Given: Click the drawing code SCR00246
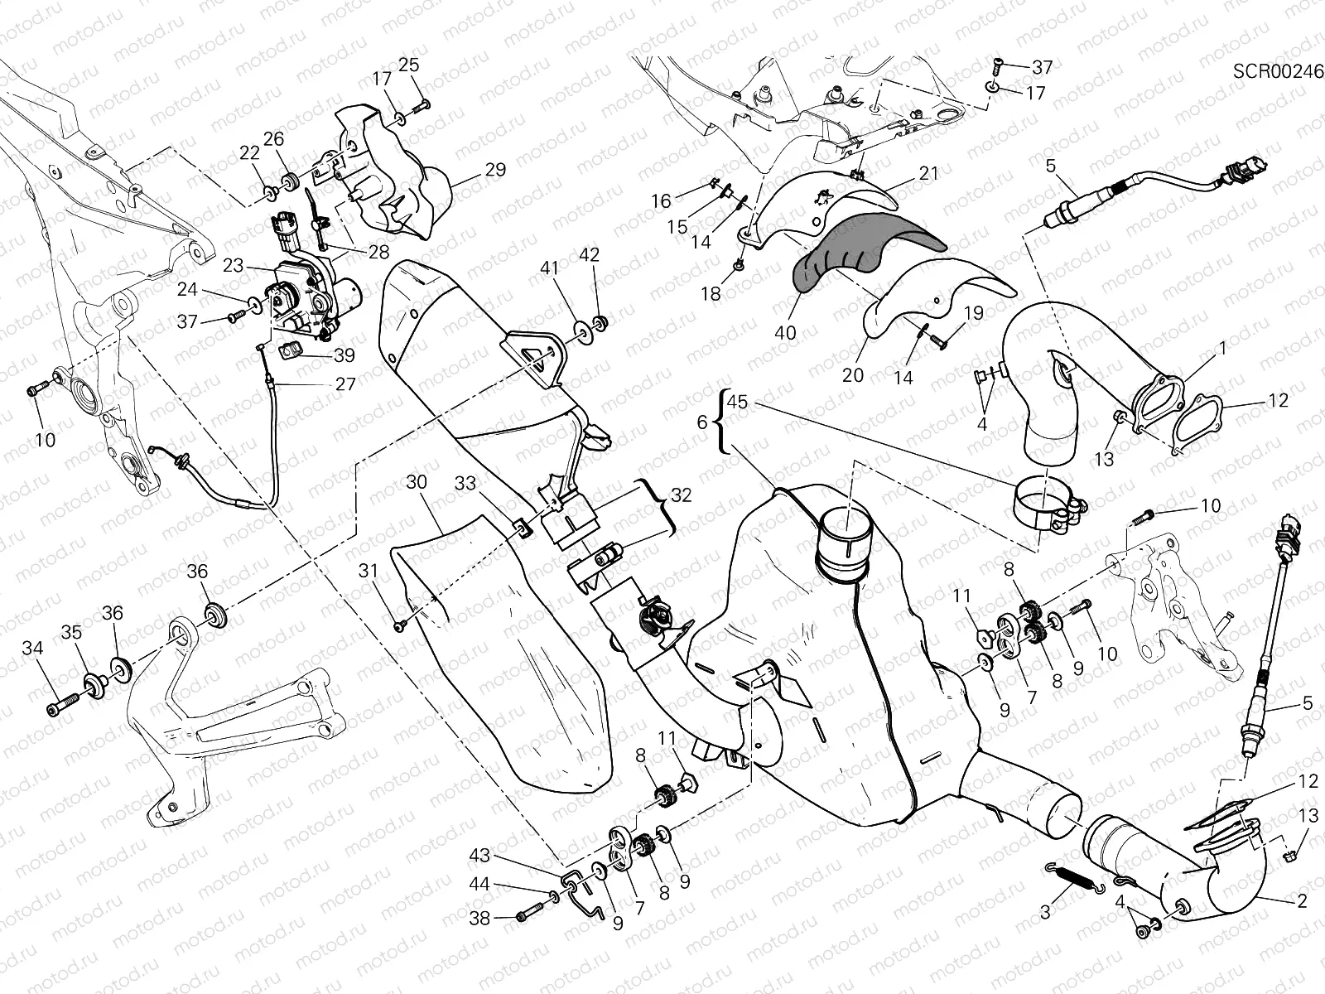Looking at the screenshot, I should coord(1278,70).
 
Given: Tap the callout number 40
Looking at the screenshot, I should coord(786,332).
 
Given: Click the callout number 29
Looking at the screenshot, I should coord(494,170).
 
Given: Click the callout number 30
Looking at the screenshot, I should coord(417,481).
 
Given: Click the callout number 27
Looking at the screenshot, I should coord(345,384).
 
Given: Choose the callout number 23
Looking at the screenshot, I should coord(233,266).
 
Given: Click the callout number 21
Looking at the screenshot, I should coord(928,173).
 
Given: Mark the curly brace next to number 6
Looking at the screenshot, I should coord(723,421).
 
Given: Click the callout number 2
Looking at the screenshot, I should coord(1302,900).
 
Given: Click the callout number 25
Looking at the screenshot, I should coord(409,65).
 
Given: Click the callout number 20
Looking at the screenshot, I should coord(853,374).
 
